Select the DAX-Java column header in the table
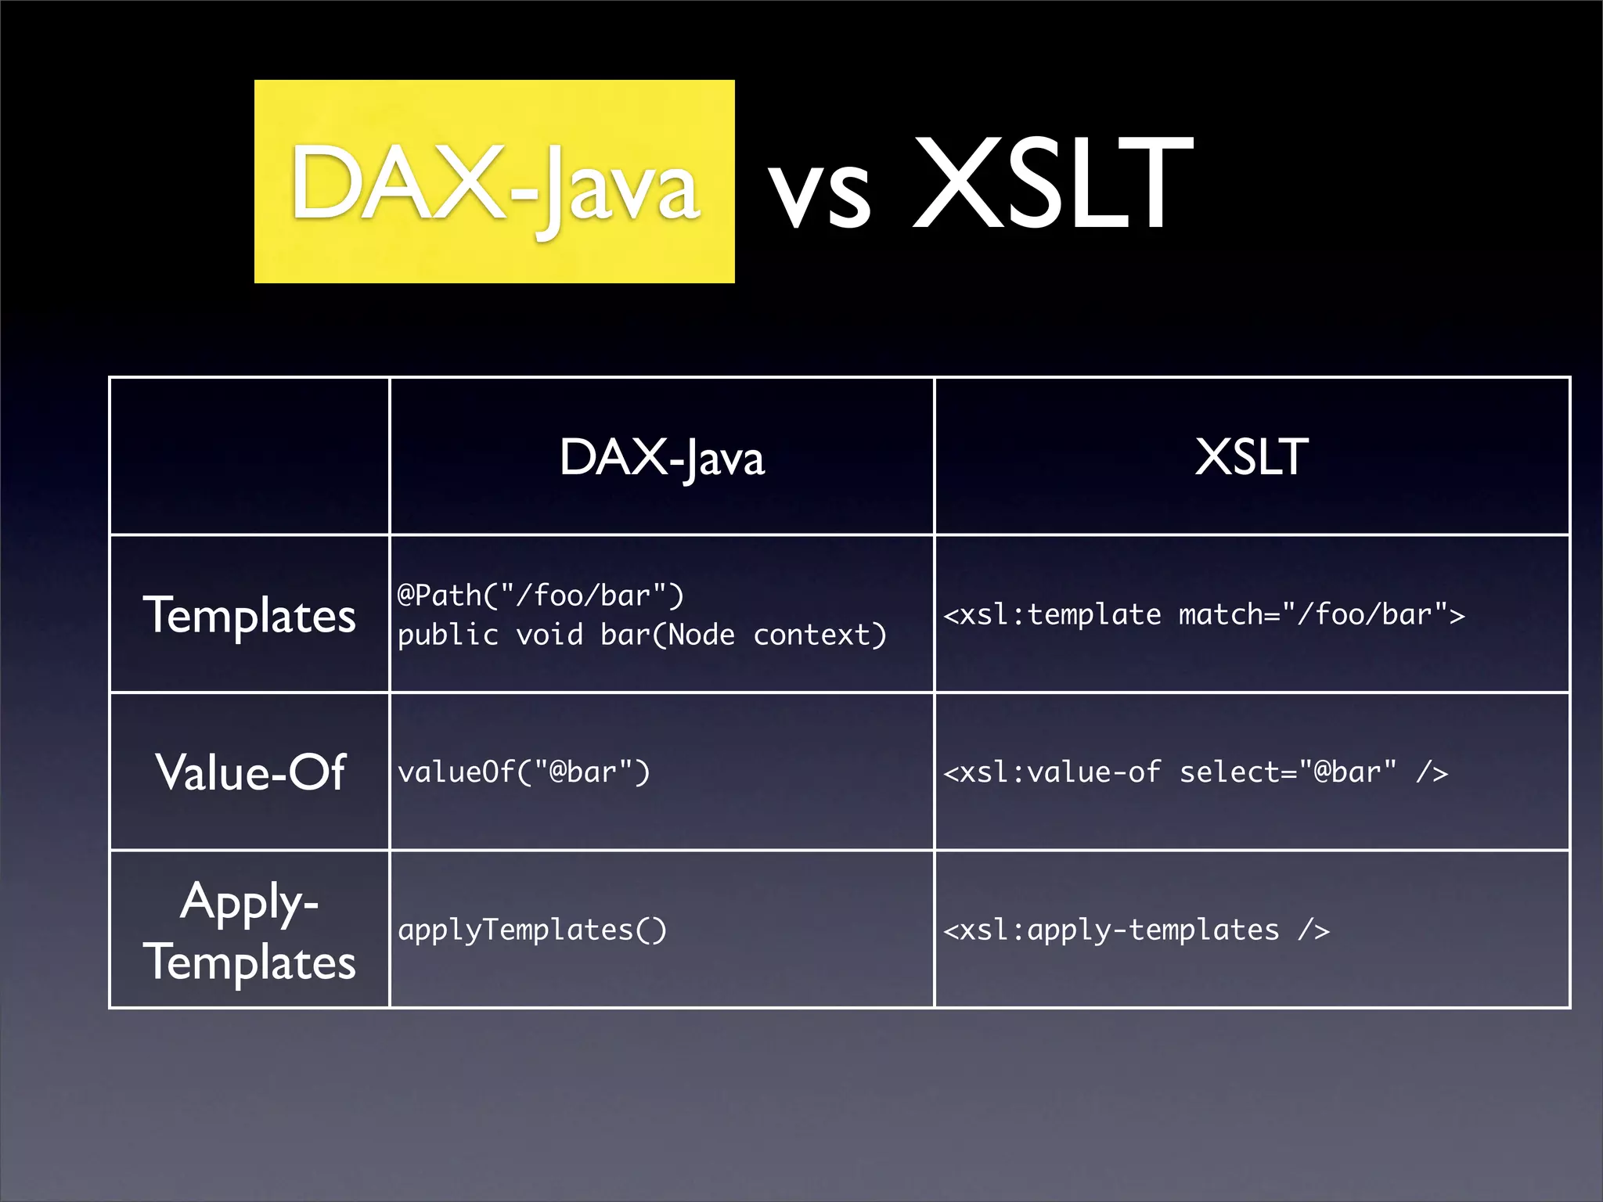(661, 457)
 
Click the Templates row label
(249, 615)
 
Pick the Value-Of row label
(250, 772)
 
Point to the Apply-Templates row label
(249, 931)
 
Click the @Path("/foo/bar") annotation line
(540, 596)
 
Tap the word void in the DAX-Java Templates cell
(549, 635)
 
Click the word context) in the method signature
(820, 635)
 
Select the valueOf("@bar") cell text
(524, 772)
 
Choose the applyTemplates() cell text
(532, 930)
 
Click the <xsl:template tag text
(1052, 615)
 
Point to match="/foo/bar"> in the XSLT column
(1321, 615)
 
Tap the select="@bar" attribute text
(1288, 772)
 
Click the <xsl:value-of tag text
(1052, 772)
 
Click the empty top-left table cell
(249, 456)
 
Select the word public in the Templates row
(448, 635)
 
